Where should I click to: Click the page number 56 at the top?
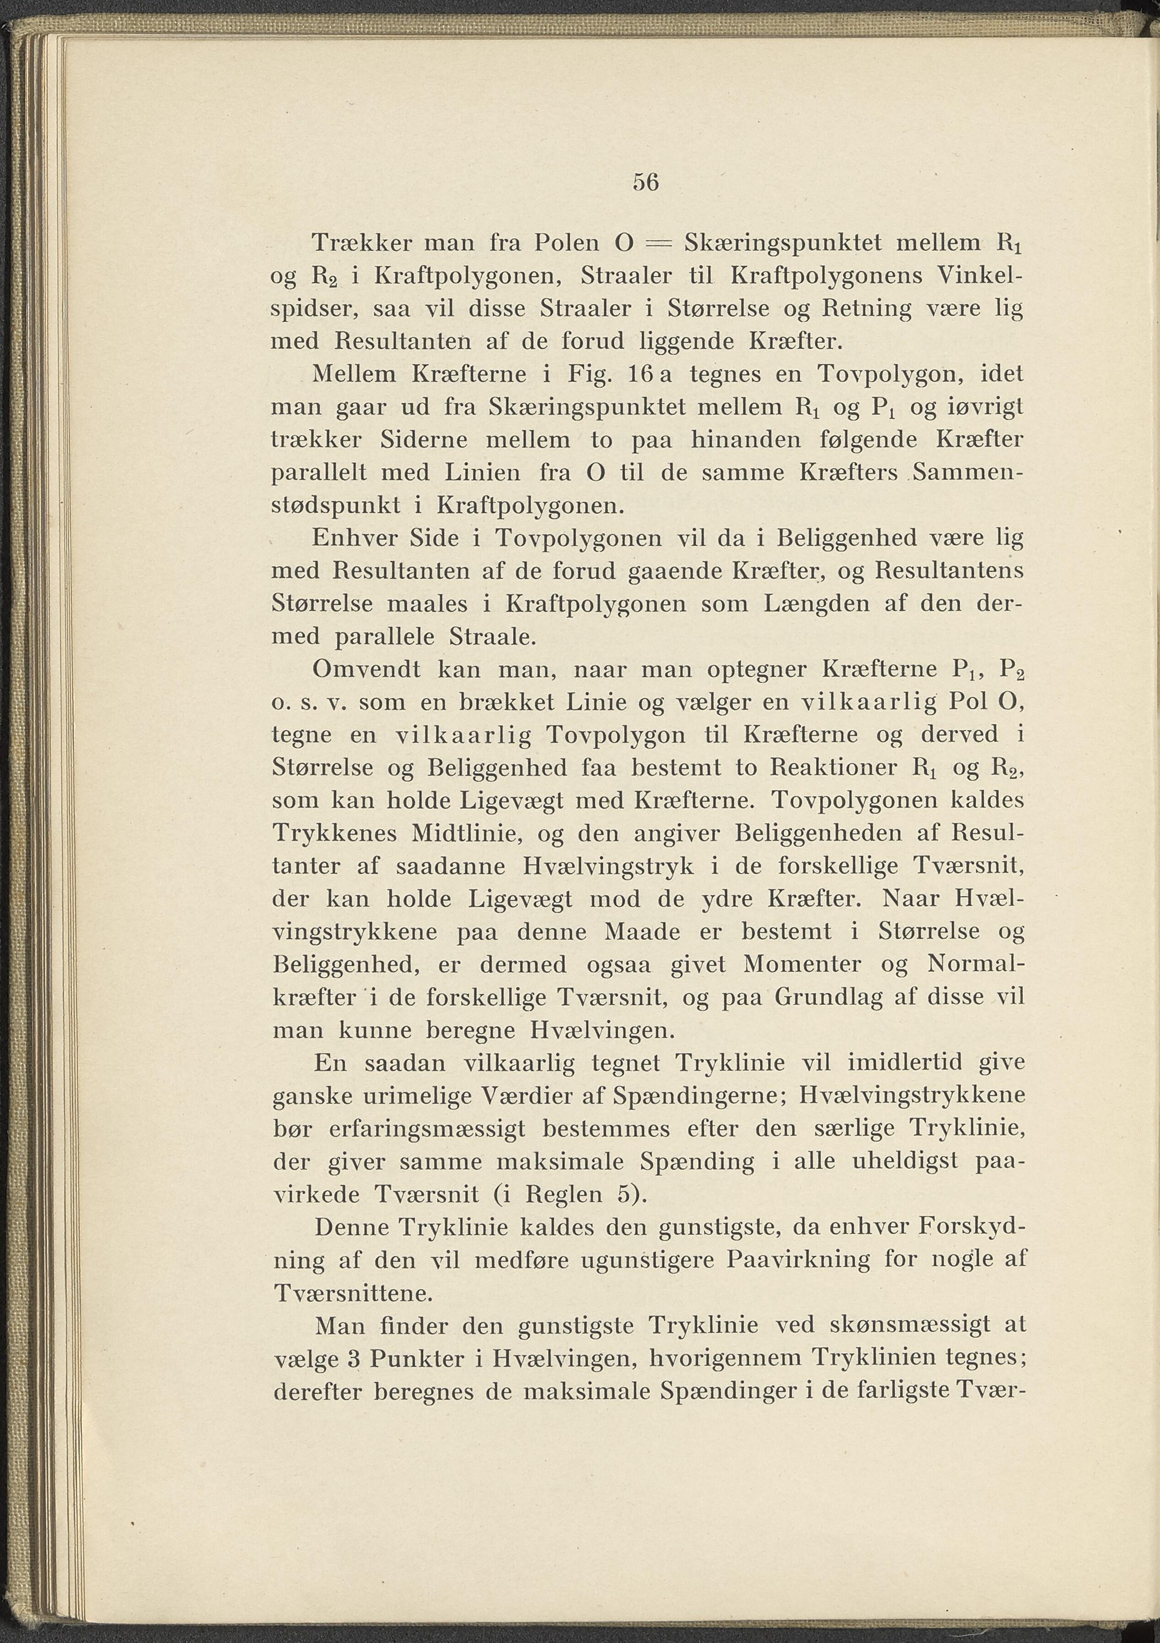[645, 183]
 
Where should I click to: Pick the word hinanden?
[745, 440]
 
